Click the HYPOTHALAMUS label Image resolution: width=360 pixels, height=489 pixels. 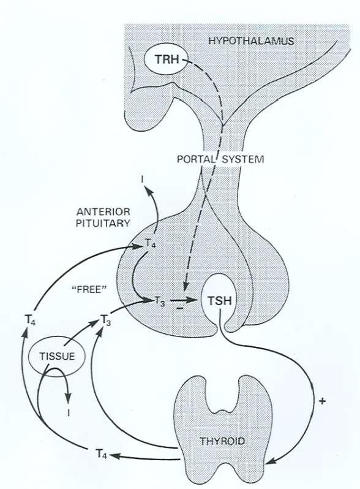[x=251, y=41]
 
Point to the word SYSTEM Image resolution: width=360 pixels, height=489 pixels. [x=243, y=159]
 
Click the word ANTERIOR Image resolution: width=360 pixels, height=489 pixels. [x=103, y=212]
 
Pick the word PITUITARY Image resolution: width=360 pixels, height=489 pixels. [x=103, y=223]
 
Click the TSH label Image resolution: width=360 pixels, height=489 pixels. [x=220, y=301]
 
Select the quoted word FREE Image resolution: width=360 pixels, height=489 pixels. [x=89, y=290]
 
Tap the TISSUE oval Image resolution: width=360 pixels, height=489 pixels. [x=57, y=356]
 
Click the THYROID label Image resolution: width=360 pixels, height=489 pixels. [x=222, y=441]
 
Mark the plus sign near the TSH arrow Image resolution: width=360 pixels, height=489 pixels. [x=323, y=401]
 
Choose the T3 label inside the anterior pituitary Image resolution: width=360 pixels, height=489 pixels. [x=160, y=301]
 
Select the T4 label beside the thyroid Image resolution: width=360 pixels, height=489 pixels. [x=102, y=453]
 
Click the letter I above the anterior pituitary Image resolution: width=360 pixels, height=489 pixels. [x=142, y=180]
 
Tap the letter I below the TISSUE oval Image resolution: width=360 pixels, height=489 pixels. [x=69, y=413]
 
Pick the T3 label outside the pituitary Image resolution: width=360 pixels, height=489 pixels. [x=106, y=320]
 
